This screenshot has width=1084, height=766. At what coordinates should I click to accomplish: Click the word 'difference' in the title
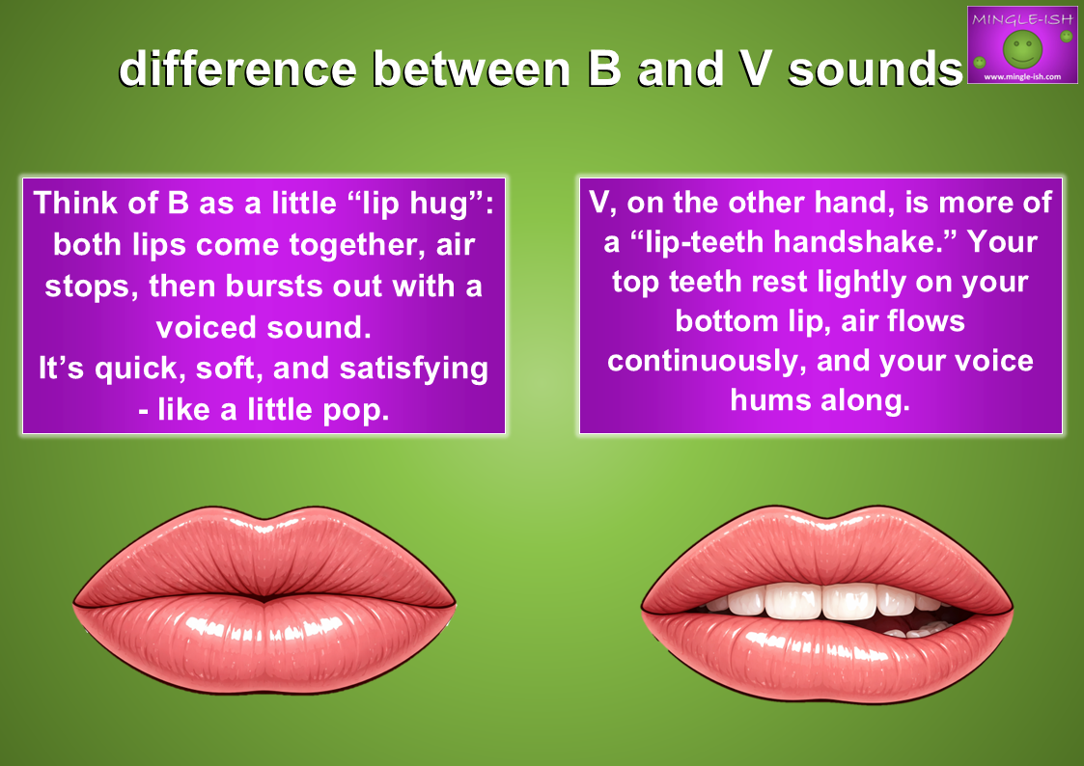pos(237,69)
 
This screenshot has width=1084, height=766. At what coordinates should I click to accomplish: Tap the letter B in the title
pos(605,69)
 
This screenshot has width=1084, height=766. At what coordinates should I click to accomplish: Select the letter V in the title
pos(755,69)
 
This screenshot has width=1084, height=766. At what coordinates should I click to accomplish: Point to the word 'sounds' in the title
pos(876,69)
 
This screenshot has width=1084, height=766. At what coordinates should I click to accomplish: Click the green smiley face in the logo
pos(1022,49)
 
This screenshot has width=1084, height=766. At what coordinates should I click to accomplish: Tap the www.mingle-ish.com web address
pos(1022,76)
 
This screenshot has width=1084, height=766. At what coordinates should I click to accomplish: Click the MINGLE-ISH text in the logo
pos(1022,19)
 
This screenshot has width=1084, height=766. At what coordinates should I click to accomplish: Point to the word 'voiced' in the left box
pos(207,327)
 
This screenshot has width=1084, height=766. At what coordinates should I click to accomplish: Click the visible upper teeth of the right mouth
pos(827,601)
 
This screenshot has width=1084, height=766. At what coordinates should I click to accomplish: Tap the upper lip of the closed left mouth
pos(264,556)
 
